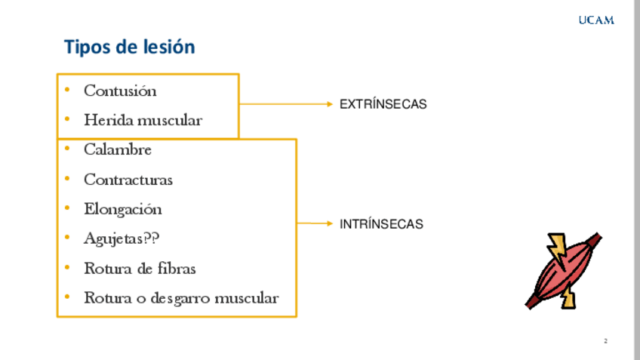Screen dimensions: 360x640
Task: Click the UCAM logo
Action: pyautogui.click(x=596, y=20)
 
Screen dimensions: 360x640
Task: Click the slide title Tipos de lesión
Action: pyautogui.click(x=129, y=47)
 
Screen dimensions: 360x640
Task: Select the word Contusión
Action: pyautogui.click(x=120, y=91)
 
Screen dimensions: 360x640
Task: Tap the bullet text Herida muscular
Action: pyautogui.click(x=143, y=120)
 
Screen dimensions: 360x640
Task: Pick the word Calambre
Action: pyautogui.click(x=118, y=149)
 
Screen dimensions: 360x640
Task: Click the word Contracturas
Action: pyautogui.click(x=128, y=180)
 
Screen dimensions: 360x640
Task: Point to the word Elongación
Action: pyautogui.click(x=123, y=209)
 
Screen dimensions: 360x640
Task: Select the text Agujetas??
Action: pyautogui.click(x=122, y=238)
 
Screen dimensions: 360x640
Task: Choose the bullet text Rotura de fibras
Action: pyautogui.click(x=140, y=268)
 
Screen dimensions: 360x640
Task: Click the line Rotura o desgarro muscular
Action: pyautogui.click(x=181, y=298)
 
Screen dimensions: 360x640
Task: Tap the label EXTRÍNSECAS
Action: pyautogui.click(x=383, y=105)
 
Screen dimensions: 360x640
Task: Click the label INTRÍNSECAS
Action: pyautogui.click(x=381, y=224)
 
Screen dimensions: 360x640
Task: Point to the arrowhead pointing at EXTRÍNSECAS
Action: pyautogui.click(x=329, y=104)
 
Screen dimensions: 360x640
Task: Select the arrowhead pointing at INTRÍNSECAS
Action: pyautogui.click(x=329, y=223)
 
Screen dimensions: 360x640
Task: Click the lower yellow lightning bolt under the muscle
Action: pyautogui.click(x=568, y=299)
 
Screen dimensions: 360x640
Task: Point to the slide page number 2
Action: pyautogui.click(x=605, y=341)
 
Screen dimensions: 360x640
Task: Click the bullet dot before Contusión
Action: pyautogui.click(x=67, y=91)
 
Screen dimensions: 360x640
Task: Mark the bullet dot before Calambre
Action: pyautogui.click(x=67, y=149)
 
